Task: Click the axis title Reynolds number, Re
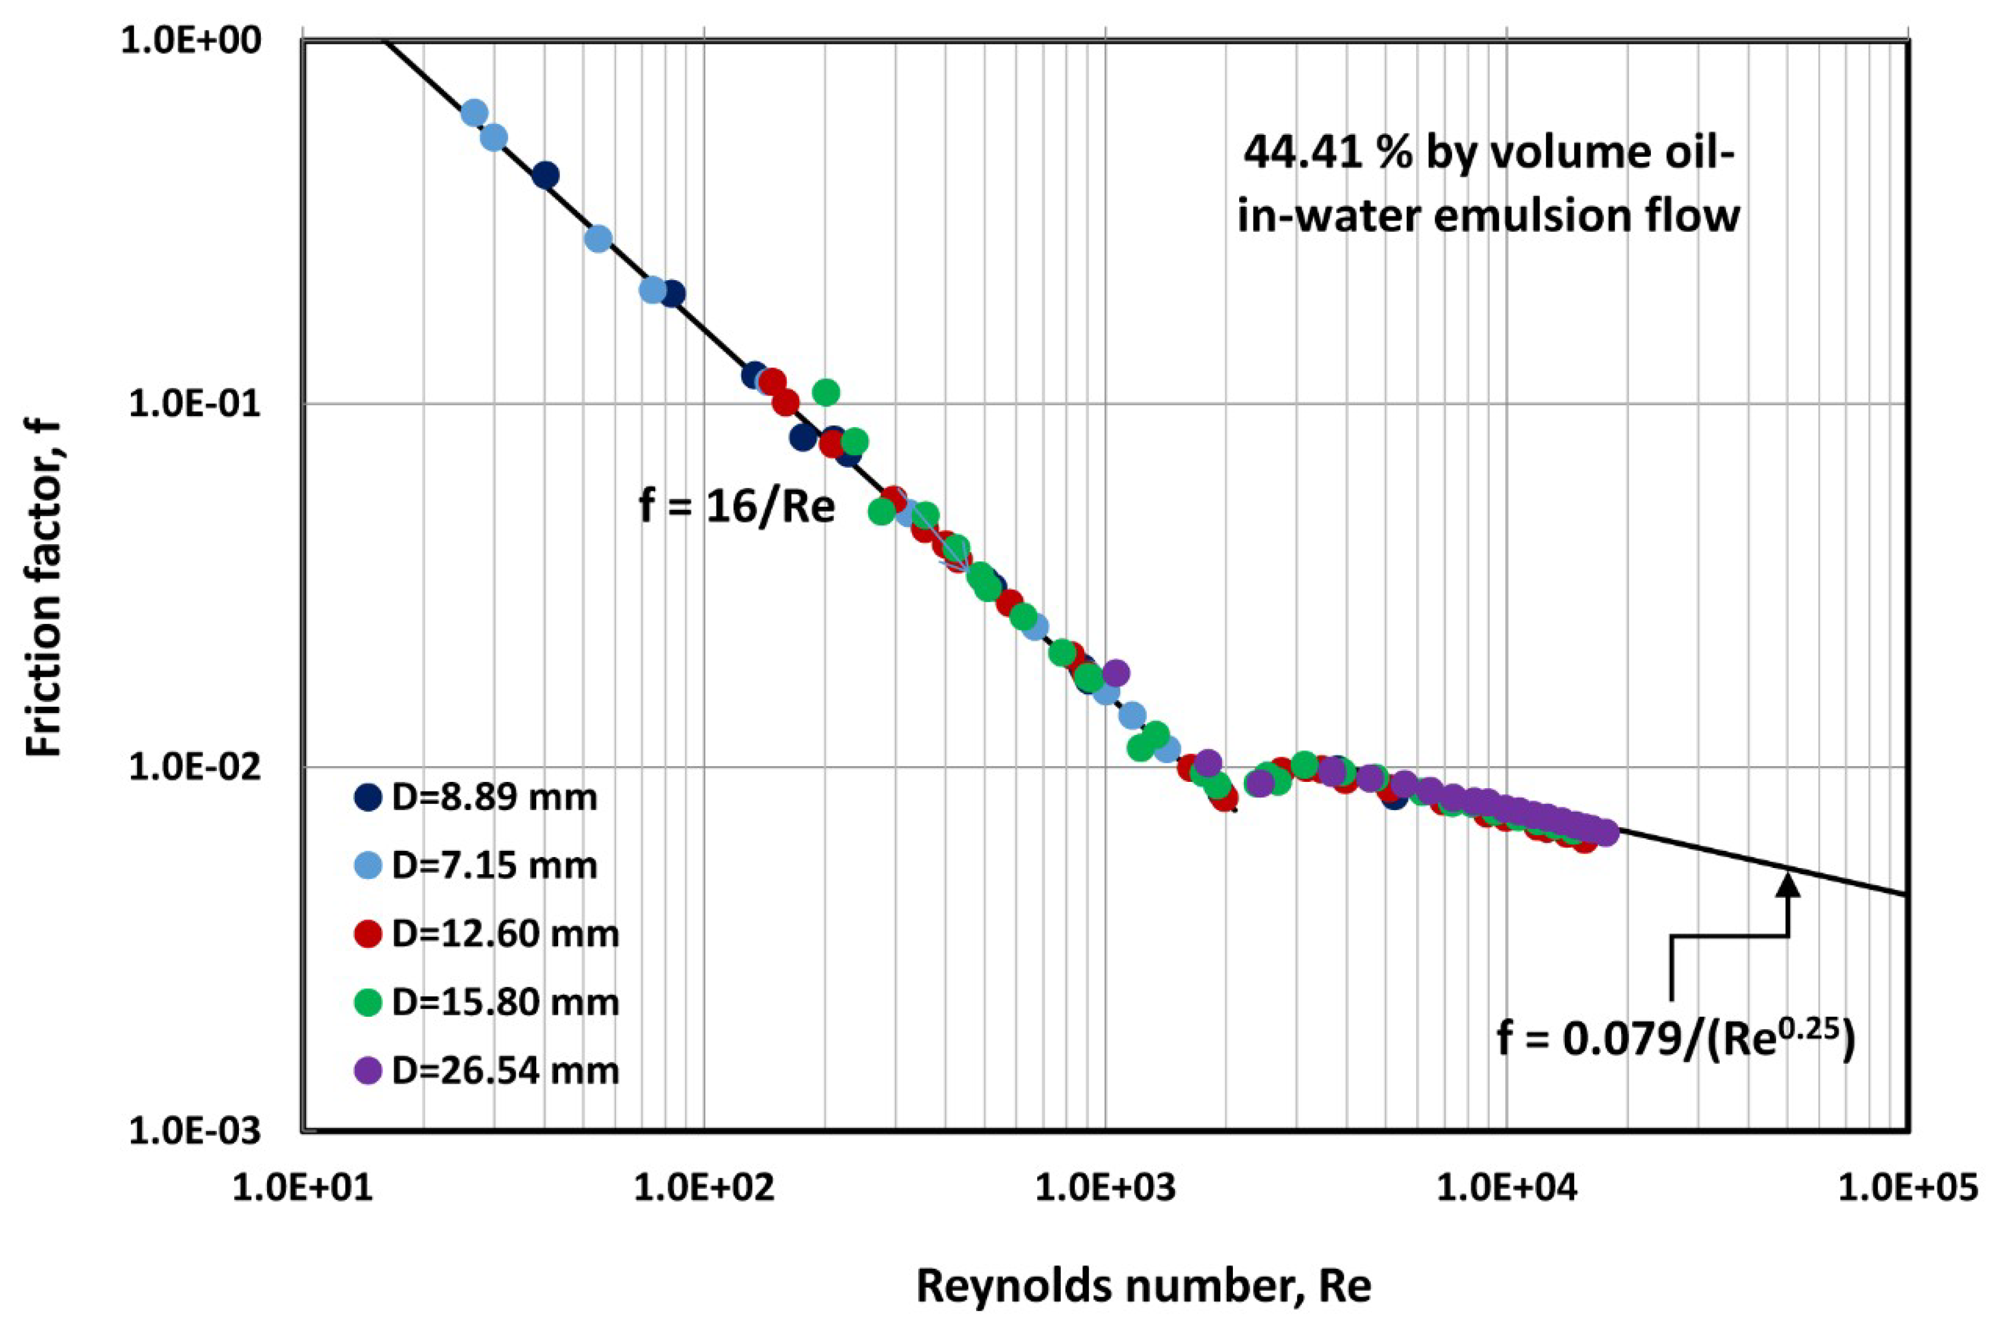1144,1286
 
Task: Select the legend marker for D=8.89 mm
368,797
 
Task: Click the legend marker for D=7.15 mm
368,866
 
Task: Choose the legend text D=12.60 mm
505,934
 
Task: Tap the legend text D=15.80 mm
505,1002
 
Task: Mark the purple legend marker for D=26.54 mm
368,1070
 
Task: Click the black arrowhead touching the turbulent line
1789,886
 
